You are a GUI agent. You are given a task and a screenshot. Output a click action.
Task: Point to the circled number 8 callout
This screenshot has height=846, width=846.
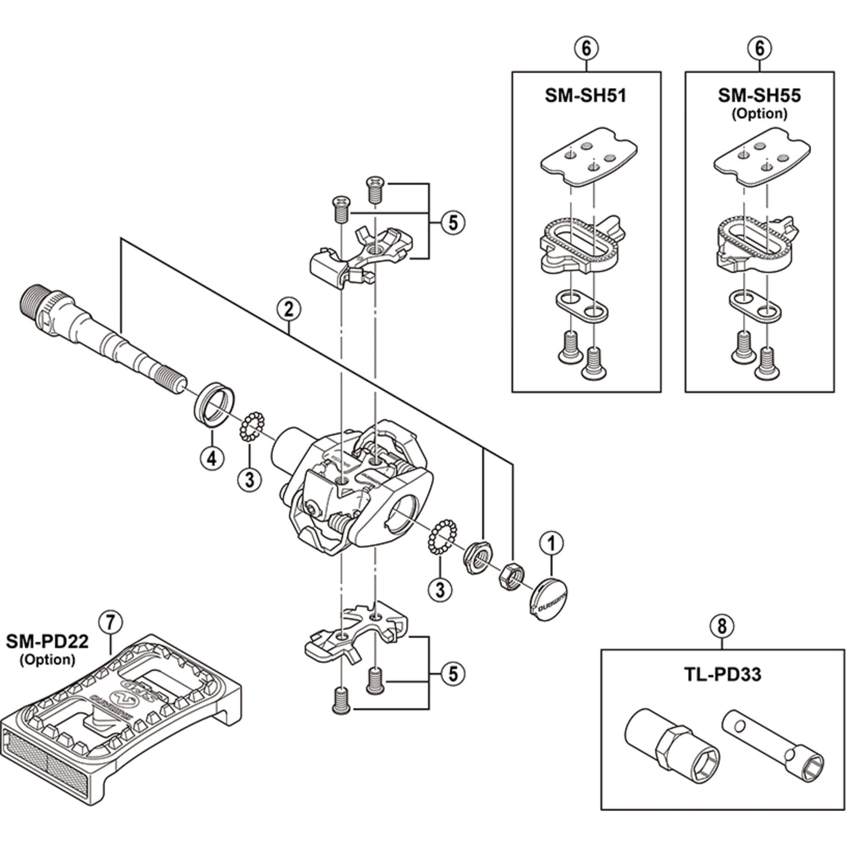point(722,626)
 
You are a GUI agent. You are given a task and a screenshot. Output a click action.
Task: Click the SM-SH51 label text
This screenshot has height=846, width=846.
point(585,96)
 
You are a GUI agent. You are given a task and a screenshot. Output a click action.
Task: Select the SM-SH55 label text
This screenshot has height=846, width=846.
point(759,96)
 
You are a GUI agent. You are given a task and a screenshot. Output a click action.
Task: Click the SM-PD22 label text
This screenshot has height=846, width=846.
point(47,642)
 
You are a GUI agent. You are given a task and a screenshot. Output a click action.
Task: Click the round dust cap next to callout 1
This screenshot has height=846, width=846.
point(548,598)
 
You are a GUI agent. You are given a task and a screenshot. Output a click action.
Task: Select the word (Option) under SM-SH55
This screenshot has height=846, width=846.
point(759,114)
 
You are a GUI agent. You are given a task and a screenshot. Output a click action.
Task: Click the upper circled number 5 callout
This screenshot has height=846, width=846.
point(453,223)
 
